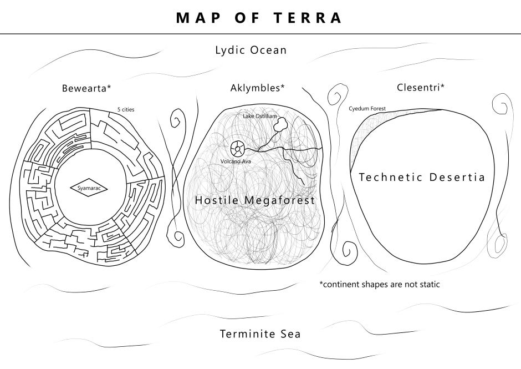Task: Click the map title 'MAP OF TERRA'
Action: tap(259, 18)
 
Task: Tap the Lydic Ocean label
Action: tap(251, 50)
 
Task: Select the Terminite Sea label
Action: tap(260, 334)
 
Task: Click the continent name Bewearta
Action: tap(86, 88)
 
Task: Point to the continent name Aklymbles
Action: tap(257, 88)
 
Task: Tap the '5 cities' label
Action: tap(126, 109)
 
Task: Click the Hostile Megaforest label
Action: tap(254, 200)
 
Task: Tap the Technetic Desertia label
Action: tap(422, 178)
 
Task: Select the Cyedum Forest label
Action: tap(367, 109)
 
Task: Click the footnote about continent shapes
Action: tap(380, 285)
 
